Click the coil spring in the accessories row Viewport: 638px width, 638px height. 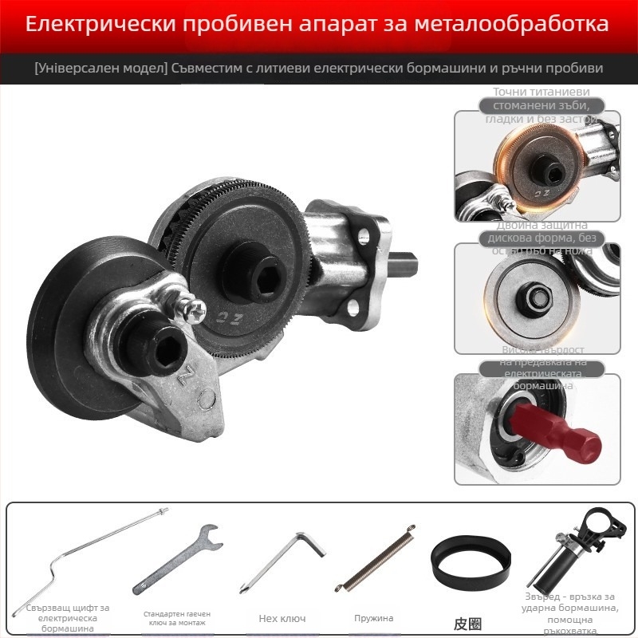click(375, 558)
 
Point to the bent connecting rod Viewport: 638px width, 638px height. click(88, 558)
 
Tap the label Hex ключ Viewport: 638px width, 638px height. click(282, 618)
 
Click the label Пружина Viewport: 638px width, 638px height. click(374, 618)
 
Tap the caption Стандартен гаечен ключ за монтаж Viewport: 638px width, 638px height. click(176, 619)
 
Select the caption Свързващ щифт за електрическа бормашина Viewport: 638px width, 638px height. click(68, 618)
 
